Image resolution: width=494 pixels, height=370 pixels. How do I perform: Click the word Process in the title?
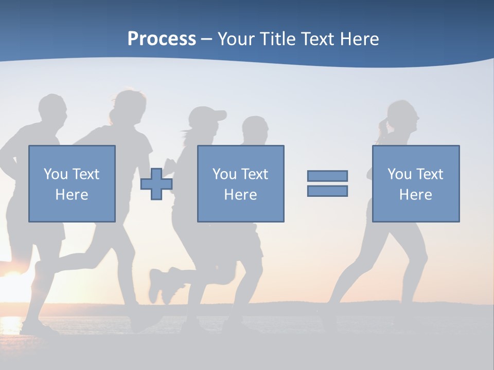162,39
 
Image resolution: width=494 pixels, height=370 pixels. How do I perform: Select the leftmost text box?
72,183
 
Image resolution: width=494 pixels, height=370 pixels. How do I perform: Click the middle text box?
240,183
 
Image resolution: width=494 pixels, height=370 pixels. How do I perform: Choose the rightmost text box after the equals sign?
415,183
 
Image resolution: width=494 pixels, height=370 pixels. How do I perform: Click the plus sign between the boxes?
156,183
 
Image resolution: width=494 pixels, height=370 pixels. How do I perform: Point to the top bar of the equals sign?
327,176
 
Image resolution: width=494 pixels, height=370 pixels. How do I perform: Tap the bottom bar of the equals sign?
327,191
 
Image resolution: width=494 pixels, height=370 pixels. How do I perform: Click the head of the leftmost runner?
52,110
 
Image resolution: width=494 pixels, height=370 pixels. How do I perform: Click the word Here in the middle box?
240,195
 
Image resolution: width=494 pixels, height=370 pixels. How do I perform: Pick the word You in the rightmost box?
399,174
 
